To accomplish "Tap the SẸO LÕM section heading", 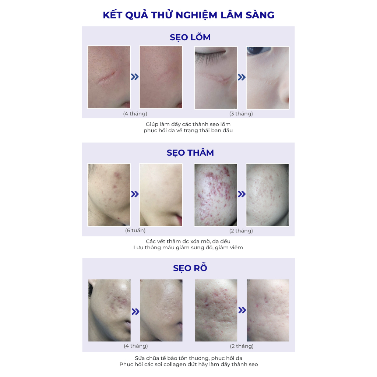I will click(x=190, y=37).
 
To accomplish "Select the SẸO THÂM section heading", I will click(x=190, y=153).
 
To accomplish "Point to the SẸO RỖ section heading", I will click(x=190, y=268).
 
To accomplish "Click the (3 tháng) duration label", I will click(x=241, y=114).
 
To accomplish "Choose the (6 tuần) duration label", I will click(x=135, y=230).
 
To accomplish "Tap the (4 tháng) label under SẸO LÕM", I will click(x=135, y=114).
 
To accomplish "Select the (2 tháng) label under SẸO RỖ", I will click(x=242, y=346).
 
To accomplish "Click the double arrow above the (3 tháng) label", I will click(x=242, y=77).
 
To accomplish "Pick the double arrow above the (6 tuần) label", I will click(x=135, y=194).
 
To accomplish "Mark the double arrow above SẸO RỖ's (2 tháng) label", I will click(x=242, y=310).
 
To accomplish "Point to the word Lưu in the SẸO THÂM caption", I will click(x=138, y=247).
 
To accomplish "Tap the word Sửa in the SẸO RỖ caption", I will click(x=140, y=358).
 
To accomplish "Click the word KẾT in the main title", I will click(x=112, y=15).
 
